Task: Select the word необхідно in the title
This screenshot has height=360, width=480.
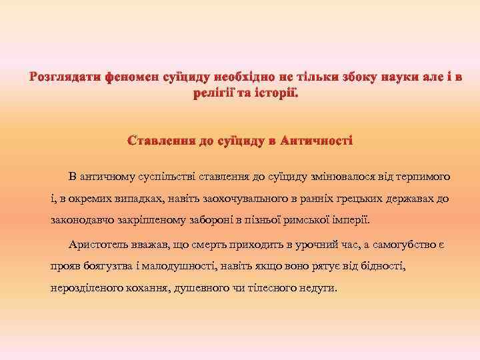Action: [x=243, y=79]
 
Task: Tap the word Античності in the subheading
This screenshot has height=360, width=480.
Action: [x=317, y=141]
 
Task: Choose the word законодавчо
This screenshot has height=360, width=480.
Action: [x=82, y=220]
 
